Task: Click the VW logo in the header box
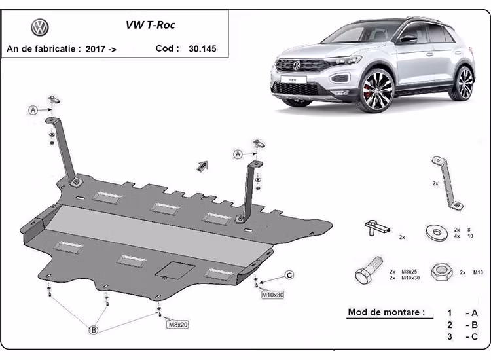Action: (41, 27)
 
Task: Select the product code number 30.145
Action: (203, 48)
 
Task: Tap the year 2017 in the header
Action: (96, 49)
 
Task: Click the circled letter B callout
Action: (94, 331)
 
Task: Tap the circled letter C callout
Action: (289, 274)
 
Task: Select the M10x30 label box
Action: (273, 295)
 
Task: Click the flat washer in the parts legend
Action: (435, 230)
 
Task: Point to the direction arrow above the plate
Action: (202, 166)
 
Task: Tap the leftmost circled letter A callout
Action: (33, 111)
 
